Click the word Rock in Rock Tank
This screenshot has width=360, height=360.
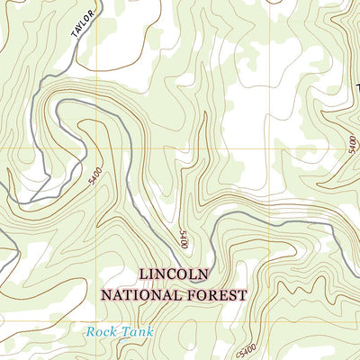point(102,332)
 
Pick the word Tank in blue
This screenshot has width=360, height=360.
point(137,332)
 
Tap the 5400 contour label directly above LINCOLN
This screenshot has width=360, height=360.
point(184,239)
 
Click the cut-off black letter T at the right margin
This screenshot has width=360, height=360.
point(357,87)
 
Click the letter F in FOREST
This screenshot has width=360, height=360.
point(190,293)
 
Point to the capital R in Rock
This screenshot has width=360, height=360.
point(91,332)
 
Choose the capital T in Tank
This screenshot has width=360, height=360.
point(125,332)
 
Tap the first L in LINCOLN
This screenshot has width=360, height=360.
point(143,274)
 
